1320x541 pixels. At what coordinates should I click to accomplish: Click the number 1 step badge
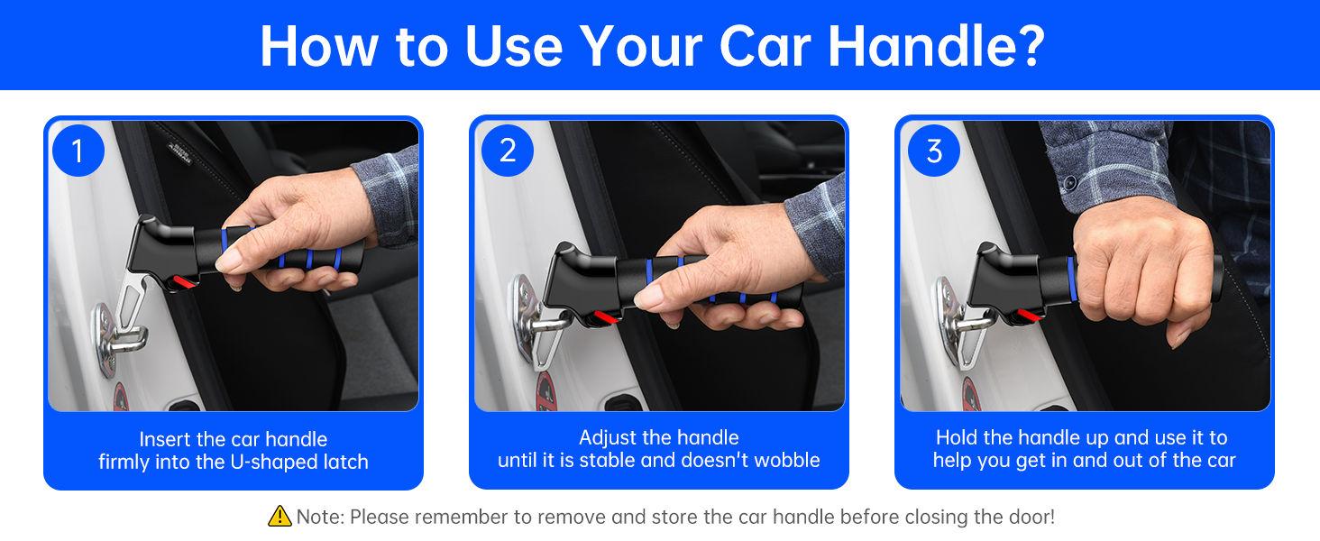tap(78, 151)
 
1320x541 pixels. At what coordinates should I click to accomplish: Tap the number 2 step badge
tap(508, 151)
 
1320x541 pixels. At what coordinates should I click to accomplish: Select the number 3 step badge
tap(934, 151)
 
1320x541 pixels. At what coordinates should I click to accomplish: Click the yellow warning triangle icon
tap(280, 517)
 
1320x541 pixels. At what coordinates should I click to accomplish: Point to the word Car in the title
tap(765, 46)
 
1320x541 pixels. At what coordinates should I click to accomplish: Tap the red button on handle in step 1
tap(185, 281)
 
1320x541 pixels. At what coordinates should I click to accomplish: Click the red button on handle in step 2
tap(607, 318)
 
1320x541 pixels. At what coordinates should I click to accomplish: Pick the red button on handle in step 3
tap(1031, 315)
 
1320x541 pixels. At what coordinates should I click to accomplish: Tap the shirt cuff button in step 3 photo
tap(1070, 183)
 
